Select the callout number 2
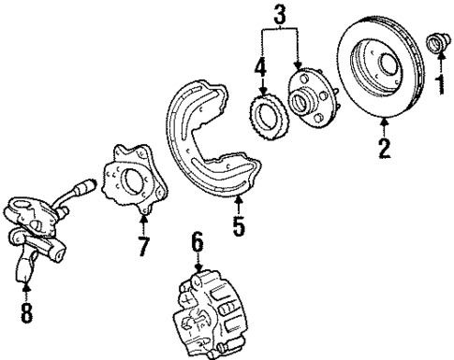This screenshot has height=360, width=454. coord(383,149)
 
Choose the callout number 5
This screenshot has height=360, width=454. coord(240,225)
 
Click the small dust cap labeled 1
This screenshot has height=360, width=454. coord(435,43)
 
